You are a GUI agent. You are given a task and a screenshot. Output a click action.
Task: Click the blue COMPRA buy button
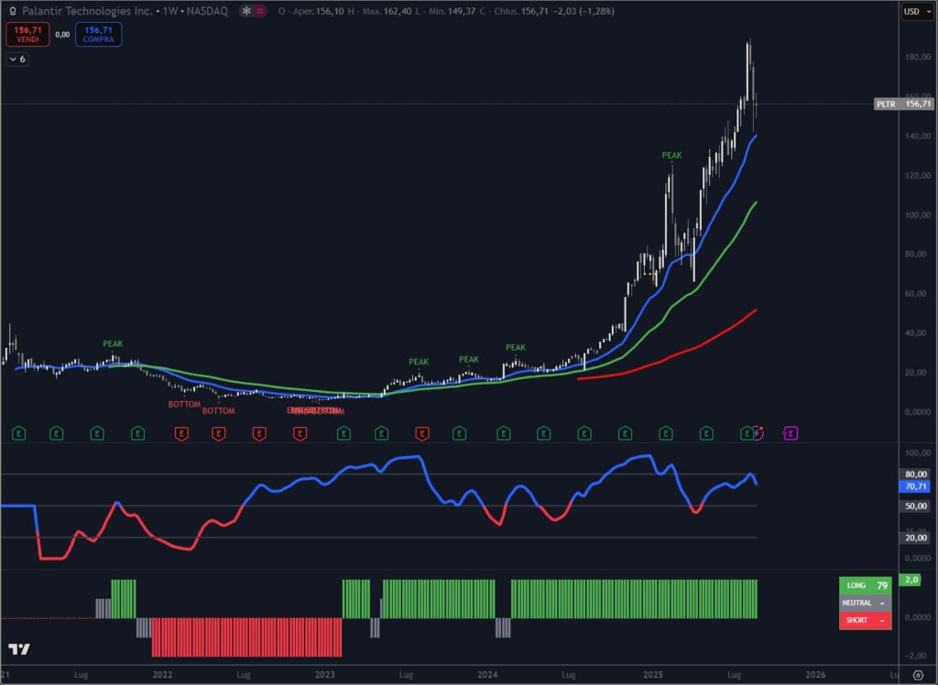pos(98,35)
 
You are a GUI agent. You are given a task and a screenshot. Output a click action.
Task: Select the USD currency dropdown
pos(911,12)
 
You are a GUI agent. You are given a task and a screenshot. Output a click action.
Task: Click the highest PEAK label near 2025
pos(671,156)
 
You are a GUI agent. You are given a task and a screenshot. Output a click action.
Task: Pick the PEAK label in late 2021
pos(113,344)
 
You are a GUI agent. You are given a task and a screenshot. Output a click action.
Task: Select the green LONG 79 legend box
pos(865,585)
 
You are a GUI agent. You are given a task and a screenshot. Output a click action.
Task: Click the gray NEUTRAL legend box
pos(865,603)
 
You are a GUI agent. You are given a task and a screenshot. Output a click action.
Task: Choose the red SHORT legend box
pos(865,620)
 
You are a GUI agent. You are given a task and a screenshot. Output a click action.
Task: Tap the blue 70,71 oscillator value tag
pos(916,487)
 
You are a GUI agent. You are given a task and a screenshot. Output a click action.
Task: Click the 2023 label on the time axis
pos(325,675)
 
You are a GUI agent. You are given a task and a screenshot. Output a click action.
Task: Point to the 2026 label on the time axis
pos(814,675)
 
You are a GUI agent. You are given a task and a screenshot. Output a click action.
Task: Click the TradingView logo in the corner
pos(19,649)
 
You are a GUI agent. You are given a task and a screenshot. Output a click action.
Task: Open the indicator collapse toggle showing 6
pos(17,59)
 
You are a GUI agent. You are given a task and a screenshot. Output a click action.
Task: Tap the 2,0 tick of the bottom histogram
pos(912,580)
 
